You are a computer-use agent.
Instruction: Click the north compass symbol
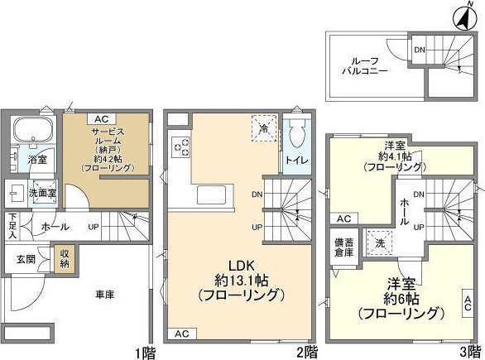tap(460, 14)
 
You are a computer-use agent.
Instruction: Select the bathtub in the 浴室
tap(32, 131)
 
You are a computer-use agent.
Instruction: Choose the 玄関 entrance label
tap(26, 258)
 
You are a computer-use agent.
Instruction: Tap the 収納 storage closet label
tap(63, 259)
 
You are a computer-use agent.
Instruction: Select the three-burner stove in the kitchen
tap(181, 147)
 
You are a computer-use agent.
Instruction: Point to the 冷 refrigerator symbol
tap(263, 128)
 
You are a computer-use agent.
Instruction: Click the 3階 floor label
tap(470, 351)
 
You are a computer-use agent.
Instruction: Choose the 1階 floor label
tap(144, 351)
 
